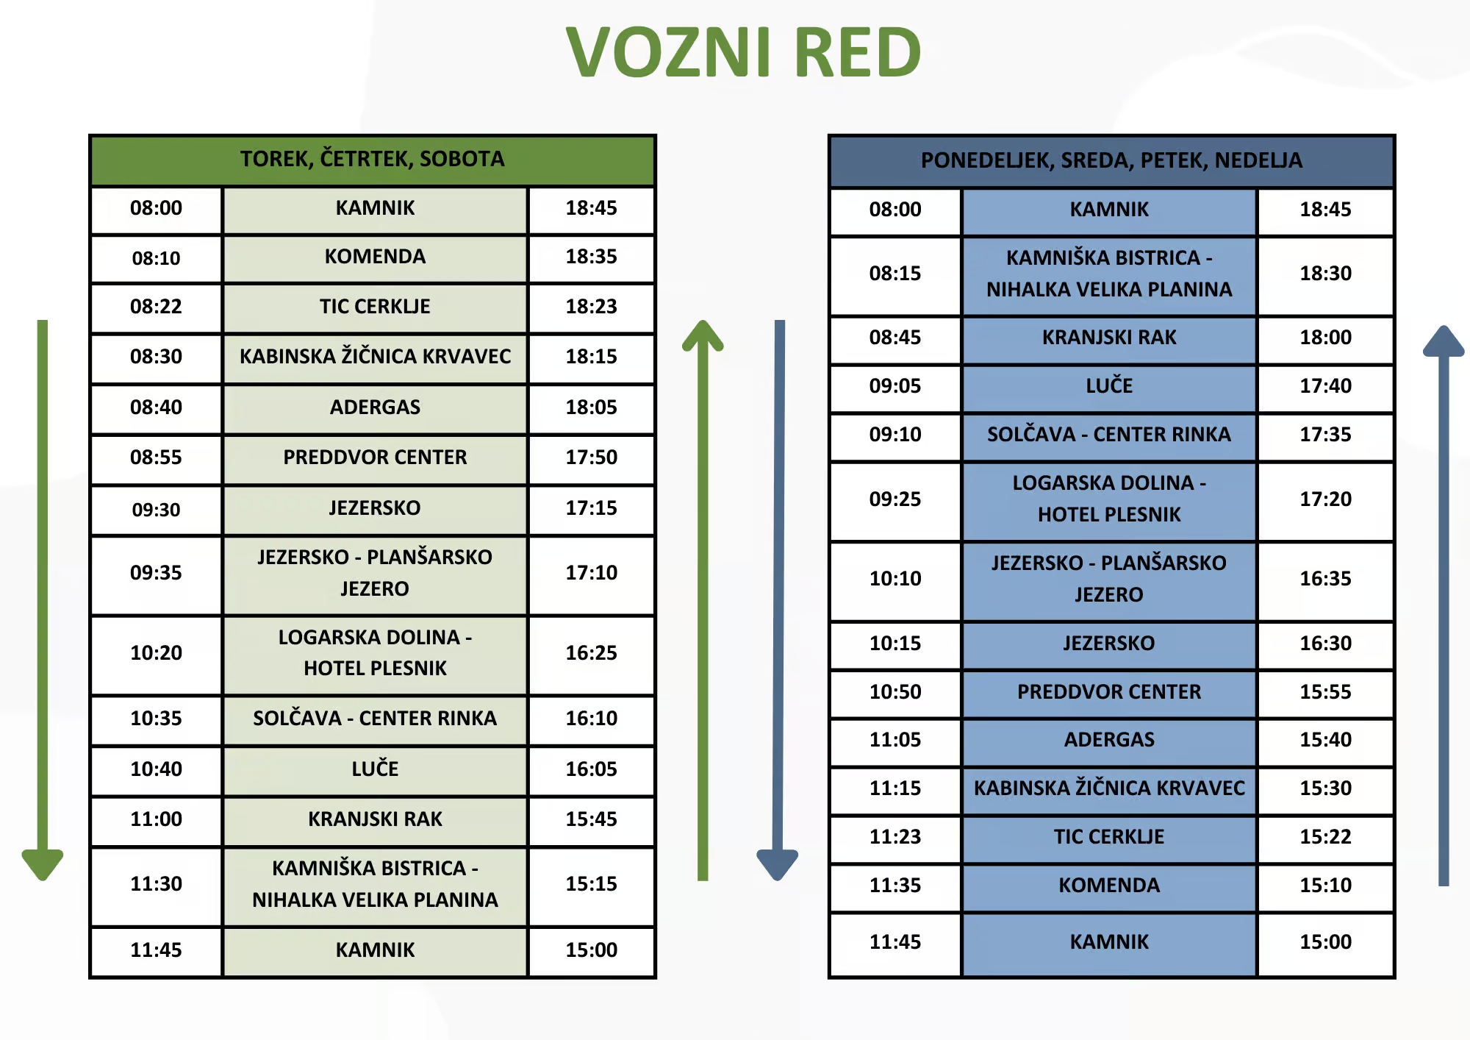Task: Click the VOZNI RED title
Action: click(x=743, y=52)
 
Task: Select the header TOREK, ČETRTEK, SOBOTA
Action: click(x=373, y=159)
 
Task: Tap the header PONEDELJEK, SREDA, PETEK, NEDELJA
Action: click(x=1111, y=160)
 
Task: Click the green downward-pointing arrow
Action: click(x=43, y=600)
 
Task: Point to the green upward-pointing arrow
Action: click(x=703, y=600)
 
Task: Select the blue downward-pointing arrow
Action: click(x=778, y=600)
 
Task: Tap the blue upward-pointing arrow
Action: click(x=1444, y=605)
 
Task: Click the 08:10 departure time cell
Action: click(x=156, y=258)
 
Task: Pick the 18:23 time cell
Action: click(x=591, y=307)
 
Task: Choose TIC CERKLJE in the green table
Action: click(x=375, y=307)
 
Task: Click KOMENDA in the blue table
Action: click(x=1109, y=886)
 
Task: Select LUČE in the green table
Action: click(x=375, y=769)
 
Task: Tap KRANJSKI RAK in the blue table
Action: click(x=1109, y=338)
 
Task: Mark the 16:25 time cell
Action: click(x=591, y=653)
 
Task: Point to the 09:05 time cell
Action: click(x=895, y=386)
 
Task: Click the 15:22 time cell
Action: click(x=1325, y=837)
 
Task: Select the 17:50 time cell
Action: click(x=591, y=457)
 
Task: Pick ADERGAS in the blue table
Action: click(x=1109, y=740)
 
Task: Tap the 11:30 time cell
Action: click(x=156, y=884)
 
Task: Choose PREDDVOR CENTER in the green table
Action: click(x=375, y=457)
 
